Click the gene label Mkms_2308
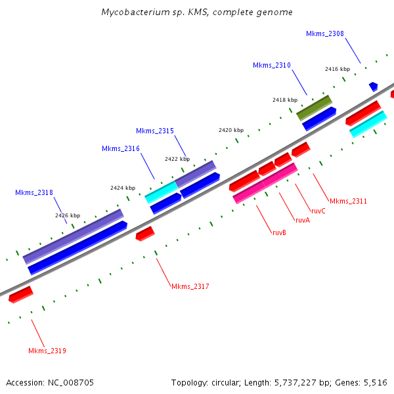click(x=325, y=33)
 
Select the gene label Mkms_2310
click(x=272, y=65)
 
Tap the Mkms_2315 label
click(x=155, y=131)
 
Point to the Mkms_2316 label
click(x=121, y=148)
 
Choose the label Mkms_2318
click(x=34, y=192)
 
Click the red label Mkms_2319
click(x=47, y=351)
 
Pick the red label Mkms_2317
click(x=190, y=286)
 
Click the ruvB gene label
click(x=279, y=232)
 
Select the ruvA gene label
click(x=302, y=220)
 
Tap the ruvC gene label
click(x=318, y=211)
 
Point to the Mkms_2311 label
click(x=348, y=201)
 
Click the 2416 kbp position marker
click(x=338, y=69)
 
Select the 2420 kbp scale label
click(x=231, y=130)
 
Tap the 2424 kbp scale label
click(x=123, y=188)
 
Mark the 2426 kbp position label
click(x=68, y=215)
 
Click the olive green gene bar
click(x=314, y=107)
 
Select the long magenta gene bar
click(x=265, y=183)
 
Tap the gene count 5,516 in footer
click(x=376, y=382)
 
